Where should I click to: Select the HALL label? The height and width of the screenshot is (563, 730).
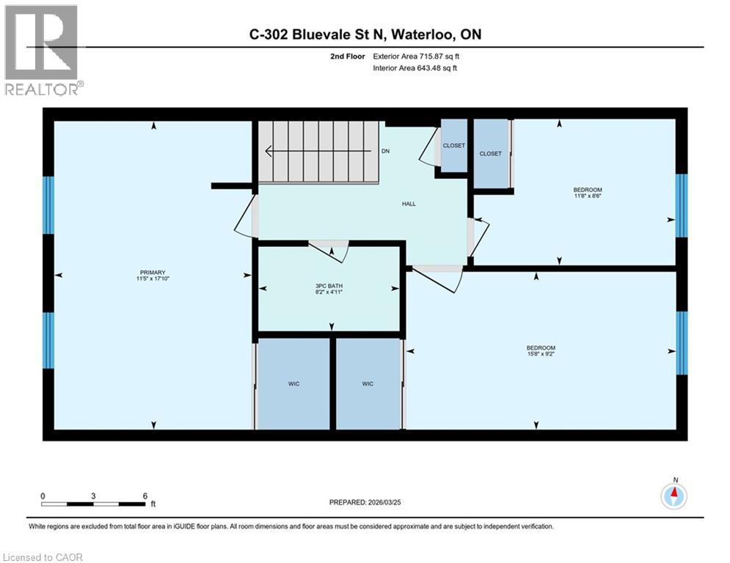click(x=409, y=204)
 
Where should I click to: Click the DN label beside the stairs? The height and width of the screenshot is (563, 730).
click(x=385, y=152)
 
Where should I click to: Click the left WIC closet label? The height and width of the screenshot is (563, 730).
click(x=293, y=383)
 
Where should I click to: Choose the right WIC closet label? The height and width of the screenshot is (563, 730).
click(x=368, y=383)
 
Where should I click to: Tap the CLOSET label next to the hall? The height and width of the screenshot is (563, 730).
click(x=453, y=146)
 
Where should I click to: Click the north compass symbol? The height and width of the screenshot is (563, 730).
click(x=674, y=496)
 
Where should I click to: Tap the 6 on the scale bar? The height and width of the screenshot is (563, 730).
click(x=144, y=496)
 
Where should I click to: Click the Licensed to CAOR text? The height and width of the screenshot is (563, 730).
click(x=44, y=557)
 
